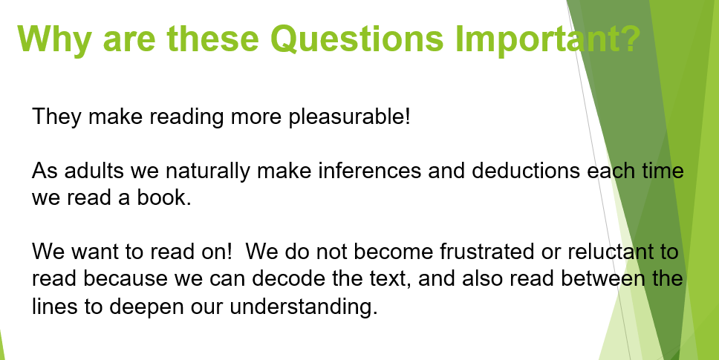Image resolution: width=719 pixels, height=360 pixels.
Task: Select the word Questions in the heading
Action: click(357, 39)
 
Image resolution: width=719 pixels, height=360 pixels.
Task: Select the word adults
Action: click(94, 171)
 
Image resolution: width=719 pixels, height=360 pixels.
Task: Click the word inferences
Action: click(370, 171)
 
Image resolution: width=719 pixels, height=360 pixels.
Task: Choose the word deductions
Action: click(526, 171)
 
